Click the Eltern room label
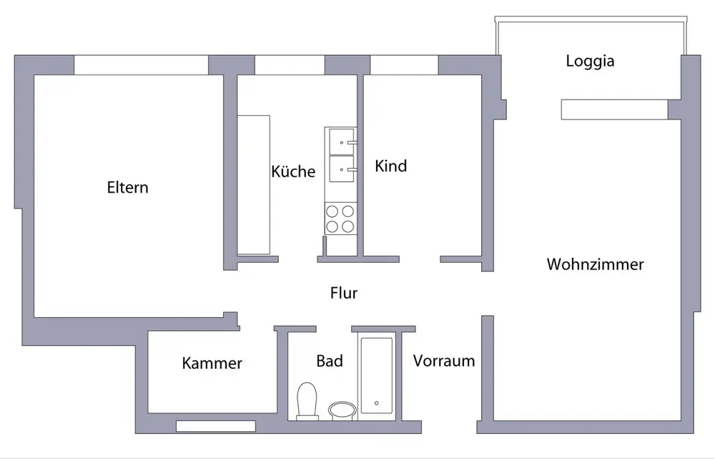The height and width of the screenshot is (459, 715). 127,188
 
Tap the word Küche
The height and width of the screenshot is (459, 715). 293,172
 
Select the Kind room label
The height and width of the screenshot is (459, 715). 391,166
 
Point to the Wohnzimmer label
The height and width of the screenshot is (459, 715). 595,264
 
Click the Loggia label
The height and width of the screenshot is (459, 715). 590,61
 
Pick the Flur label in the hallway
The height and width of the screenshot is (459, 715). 344,293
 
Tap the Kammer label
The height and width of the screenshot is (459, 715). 212,363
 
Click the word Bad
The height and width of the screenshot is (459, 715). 330,361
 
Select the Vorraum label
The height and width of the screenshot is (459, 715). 444,361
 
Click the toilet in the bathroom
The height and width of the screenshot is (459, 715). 307,400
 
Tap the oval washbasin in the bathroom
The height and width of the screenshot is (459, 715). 342,410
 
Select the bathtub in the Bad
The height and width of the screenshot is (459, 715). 376,375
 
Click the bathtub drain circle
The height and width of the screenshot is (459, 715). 376,403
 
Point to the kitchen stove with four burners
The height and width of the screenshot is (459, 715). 340,218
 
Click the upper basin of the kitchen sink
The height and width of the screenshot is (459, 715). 341,141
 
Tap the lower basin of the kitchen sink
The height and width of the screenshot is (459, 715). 341,170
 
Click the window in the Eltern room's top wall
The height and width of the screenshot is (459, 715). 141,64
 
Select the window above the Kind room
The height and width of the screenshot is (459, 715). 404,64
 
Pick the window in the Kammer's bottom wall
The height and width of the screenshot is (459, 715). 216,426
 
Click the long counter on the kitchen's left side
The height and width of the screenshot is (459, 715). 254,185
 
